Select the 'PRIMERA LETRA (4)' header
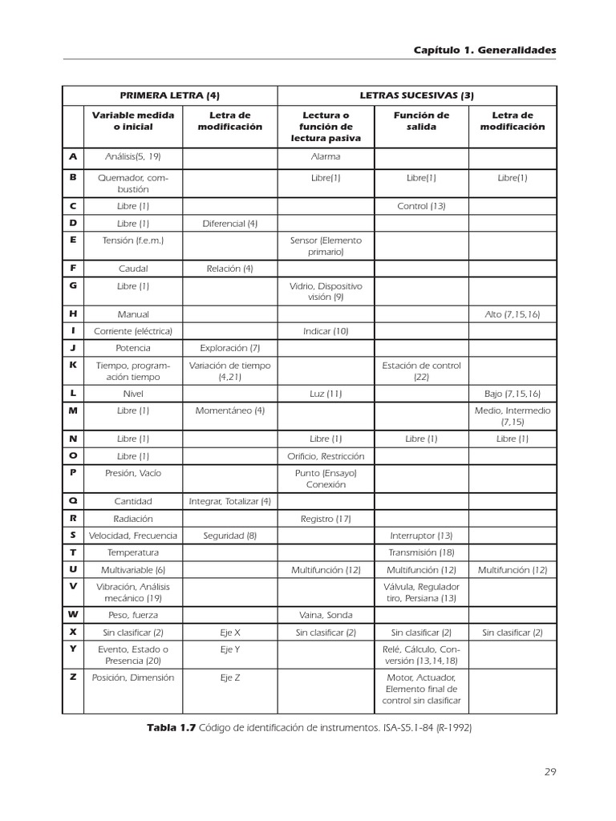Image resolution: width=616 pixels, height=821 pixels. pos(170,95)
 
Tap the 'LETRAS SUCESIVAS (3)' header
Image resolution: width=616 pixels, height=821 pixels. pos(417,95)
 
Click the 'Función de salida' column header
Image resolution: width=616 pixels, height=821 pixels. pos(421,121)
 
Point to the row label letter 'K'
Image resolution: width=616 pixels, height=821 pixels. pos(73,364)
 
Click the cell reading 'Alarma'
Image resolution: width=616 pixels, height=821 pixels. pos(326,157)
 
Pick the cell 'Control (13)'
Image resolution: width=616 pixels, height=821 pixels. pos(421,206)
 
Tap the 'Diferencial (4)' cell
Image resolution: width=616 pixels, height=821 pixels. pos(230,223)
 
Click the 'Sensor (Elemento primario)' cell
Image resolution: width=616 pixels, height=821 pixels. pos(326,245)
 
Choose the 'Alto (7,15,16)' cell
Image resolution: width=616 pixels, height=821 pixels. pos(513,314)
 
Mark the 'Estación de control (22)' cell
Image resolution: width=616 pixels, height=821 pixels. pos(421,370)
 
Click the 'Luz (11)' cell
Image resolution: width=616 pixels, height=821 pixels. pos(326,394)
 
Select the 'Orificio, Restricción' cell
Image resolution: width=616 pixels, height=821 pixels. pos(326,456)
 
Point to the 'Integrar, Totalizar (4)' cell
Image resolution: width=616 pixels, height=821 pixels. pos(230,501)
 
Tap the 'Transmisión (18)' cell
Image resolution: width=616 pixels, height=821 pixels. pos(421,552)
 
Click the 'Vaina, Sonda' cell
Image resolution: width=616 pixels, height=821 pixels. pos(326,615)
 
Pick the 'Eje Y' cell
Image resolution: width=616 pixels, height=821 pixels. pos(230,649)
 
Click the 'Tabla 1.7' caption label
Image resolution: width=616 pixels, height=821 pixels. pos(171,727)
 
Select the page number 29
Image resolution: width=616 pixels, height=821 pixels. pos(550,772)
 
